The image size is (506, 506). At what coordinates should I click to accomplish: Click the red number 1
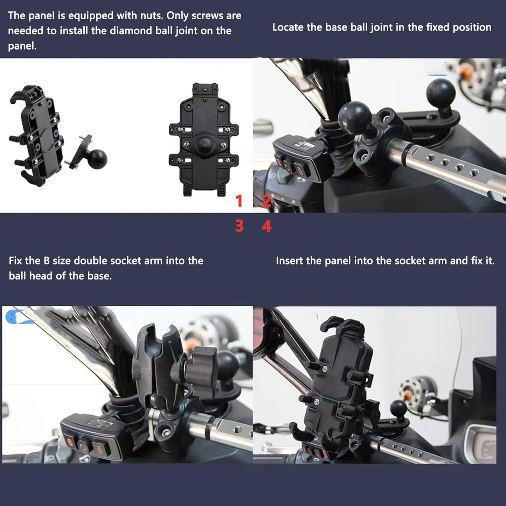[x=239, y=201]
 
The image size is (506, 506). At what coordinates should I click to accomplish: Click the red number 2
[x=266, y=201]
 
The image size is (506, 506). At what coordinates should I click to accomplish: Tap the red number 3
[x=239, y=226]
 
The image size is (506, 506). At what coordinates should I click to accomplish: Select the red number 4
[x=266, y=226]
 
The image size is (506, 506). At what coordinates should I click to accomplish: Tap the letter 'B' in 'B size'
[x=47, y=261]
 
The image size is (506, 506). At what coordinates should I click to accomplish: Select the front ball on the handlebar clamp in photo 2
[x=355, y=117]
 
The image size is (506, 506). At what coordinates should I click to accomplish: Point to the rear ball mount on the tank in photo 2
[x=440, y=93]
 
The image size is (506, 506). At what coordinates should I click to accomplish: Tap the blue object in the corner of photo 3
[x=14, y=316]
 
